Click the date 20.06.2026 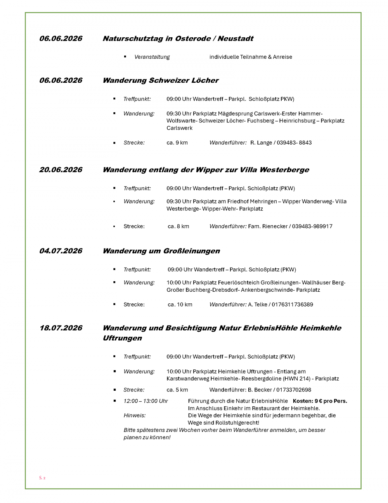click(61, 170)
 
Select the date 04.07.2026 click(61, 251)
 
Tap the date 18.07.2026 click(61, 328)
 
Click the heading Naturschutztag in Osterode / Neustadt click(178, 38)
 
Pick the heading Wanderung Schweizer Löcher click(160, 80)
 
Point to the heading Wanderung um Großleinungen click(161, 251)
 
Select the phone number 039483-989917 click(312, 226)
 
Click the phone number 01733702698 click(294, 390)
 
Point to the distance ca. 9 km click(177, 143)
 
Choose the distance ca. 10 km click(180, 305)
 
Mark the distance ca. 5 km click(177, 390)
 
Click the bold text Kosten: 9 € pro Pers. click(320, 401)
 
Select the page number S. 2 click(42, 478)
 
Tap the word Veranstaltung click(152, 57)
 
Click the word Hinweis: click(134, 416)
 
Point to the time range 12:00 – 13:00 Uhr click(145, 401)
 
